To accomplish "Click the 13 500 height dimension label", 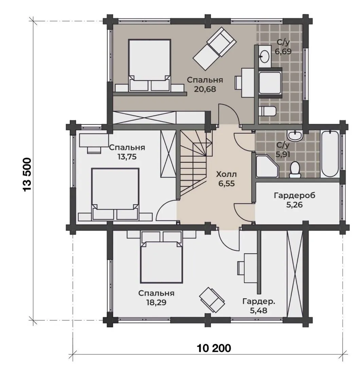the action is coord(27,175).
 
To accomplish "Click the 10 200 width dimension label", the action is coord(214,348).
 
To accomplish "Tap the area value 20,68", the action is coord(205,89).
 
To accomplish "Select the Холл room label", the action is coord(226,174).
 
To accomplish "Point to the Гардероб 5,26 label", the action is coord(294,200).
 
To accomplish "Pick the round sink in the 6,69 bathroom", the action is coord(265,56).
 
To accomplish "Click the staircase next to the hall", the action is coord(196,164).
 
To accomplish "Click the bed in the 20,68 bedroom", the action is coord(150,65).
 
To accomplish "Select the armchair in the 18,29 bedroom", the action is coord(212,298).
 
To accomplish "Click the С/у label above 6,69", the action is coord(283,42).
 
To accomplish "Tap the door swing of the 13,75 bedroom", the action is coord(166,210).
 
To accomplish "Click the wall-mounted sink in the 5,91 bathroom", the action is coord(295,135).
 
